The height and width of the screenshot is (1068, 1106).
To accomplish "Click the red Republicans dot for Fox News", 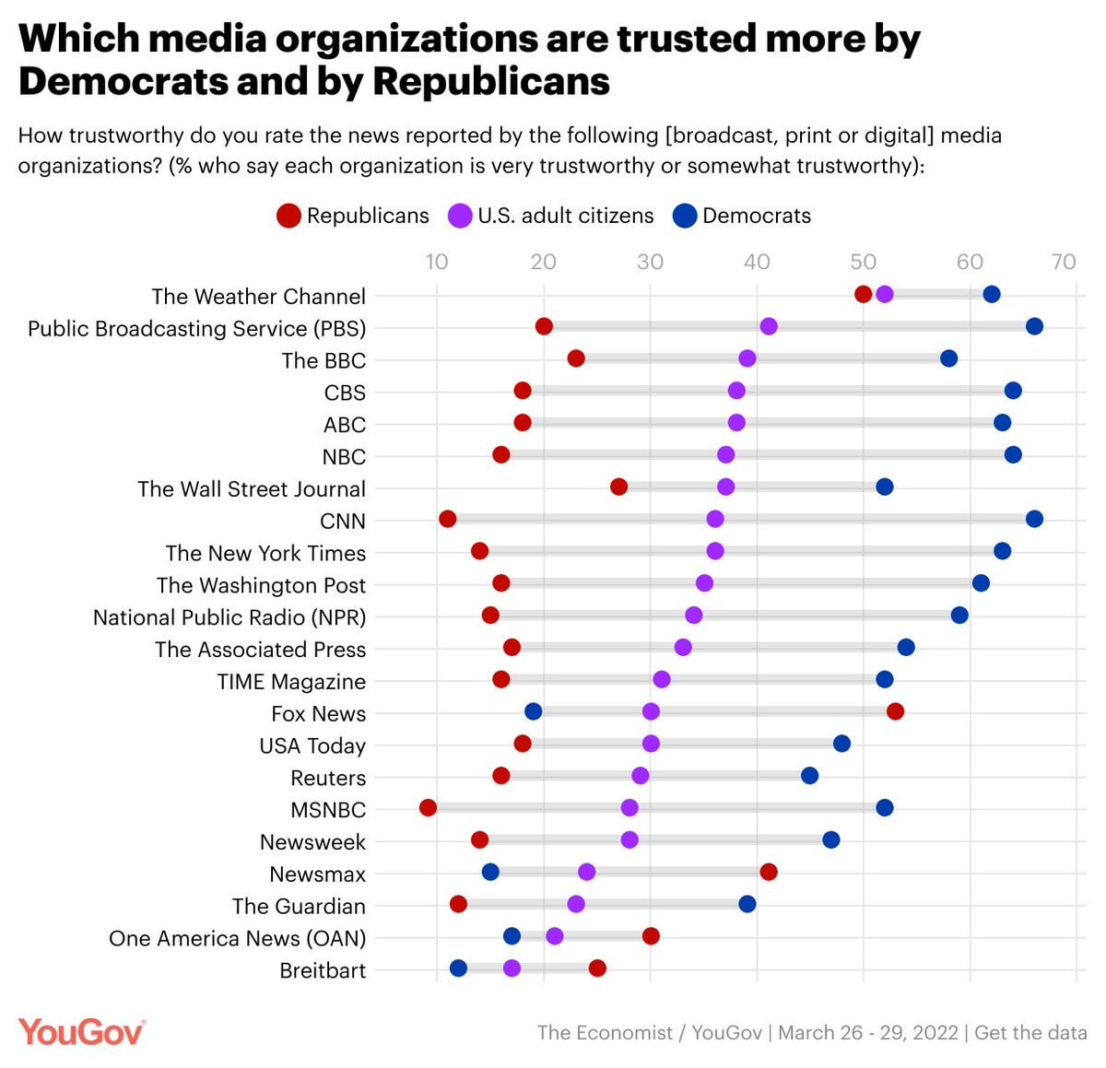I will [895, 711].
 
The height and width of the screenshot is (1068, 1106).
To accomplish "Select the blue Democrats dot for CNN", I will [1034, 519].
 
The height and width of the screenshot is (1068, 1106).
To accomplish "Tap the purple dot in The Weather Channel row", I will [884, 294].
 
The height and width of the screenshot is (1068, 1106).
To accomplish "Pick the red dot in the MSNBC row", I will [428, 808].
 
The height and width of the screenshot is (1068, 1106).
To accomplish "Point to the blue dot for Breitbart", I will [458, 968].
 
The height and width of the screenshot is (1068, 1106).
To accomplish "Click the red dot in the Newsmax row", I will [768, 872].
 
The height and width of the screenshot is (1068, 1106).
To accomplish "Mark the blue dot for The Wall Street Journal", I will [884, 487].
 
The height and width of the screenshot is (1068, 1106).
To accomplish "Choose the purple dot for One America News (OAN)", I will [554, 936].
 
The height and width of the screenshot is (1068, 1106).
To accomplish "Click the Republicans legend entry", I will [353, 216].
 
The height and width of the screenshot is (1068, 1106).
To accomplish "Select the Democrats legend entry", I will [742, 216].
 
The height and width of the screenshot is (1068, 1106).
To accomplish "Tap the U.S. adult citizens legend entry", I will [551, 216].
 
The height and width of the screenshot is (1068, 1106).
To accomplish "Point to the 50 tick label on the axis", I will [863, 262].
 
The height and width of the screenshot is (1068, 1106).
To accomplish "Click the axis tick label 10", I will [437, 262].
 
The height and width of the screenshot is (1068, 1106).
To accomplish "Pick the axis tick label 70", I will [1063, 262].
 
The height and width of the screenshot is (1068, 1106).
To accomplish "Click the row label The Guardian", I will [299, 906].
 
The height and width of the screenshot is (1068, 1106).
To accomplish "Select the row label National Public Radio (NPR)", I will [229, 617].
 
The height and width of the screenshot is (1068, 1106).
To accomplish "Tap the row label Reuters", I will [328, 778].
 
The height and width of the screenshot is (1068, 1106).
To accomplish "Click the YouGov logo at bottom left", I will [81, 1032].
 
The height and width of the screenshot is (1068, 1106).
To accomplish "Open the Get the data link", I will [1030, 1032].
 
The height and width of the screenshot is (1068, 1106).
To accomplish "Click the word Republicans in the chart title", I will [491, 81].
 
